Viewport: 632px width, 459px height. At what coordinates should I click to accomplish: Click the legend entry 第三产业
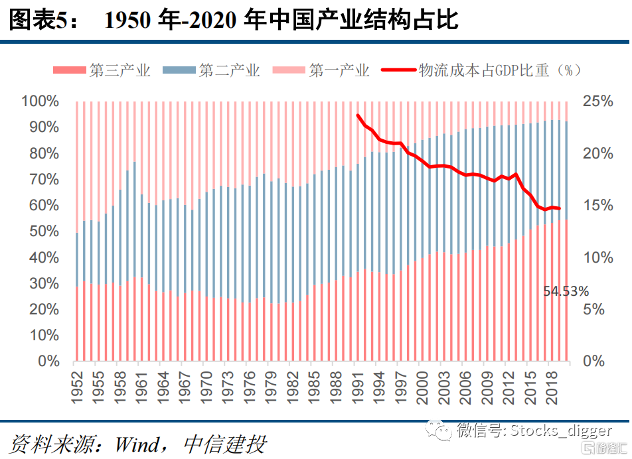[x=120, y=71]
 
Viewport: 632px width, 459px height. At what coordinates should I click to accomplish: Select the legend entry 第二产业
[x=229, y=71]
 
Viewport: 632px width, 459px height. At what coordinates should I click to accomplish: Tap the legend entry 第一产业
[x=339, y=71]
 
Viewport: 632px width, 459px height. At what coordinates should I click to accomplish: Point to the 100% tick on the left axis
[x=41, y=101]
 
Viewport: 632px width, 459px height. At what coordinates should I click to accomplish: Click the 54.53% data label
[x=566, y=291]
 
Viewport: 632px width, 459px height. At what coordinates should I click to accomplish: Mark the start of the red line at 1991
[x=358, y=115]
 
